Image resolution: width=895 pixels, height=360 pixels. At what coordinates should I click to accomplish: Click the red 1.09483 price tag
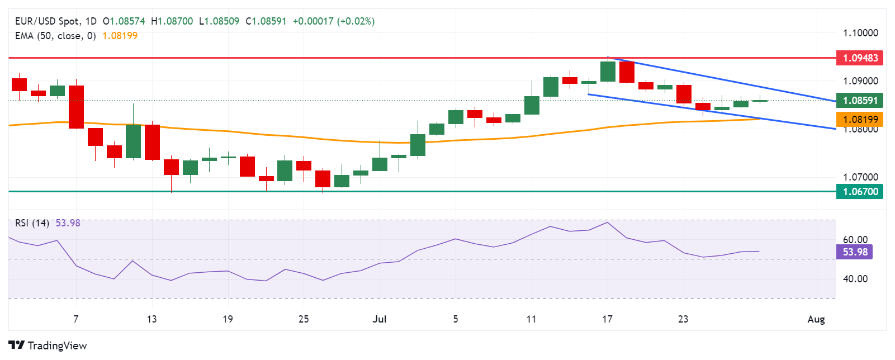pos(860,58)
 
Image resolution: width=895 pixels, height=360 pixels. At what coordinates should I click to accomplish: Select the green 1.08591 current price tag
pos(860,101)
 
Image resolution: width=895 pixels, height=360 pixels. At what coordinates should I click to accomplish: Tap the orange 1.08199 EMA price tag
pos(860,119)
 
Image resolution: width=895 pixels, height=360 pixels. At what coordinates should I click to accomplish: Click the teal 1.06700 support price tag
pos(860,192)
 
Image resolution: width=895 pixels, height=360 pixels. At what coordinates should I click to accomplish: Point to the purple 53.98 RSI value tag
pos(855,252)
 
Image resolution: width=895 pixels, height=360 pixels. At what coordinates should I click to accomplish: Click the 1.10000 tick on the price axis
pos(860,33)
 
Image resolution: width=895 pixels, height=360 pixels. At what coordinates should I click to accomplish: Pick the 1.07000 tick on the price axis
pos(860,177)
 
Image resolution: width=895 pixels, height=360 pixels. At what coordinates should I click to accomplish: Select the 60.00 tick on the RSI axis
pos(855,240)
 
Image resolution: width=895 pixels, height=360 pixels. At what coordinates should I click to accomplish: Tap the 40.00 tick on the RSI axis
pos(855,278)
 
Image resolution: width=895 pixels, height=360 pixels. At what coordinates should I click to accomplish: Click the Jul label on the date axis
pos(380,319)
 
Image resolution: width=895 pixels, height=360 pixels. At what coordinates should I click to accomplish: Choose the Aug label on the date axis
pos(816,319)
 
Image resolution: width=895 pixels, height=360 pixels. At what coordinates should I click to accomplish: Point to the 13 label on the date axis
pos(151,319)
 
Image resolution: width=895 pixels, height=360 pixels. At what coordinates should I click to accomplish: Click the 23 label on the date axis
pos(683,319)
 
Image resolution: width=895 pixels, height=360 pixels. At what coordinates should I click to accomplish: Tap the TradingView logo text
pos(57,345)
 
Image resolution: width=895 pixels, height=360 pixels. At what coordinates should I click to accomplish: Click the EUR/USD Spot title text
pos(47,21)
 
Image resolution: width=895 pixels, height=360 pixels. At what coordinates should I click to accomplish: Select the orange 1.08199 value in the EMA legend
pos(120,36)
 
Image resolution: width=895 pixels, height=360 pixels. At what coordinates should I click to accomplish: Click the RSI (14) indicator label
pos(32,223)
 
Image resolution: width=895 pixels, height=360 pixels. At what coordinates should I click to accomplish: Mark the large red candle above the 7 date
pos(77,107)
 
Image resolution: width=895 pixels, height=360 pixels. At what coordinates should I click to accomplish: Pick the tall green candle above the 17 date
pos(608,72)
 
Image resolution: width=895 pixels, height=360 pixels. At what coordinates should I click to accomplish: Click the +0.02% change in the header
pos(356,21)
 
